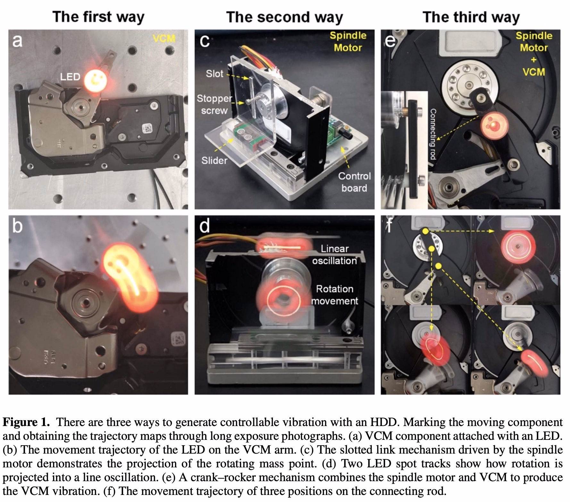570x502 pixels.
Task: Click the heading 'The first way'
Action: [x=98, y=17]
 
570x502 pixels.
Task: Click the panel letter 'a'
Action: [x=17, y=41]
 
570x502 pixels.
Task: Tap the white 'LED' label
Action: [x=70, y=77]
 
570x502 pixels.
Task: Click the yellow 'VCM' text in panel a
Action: [x=164, y=39]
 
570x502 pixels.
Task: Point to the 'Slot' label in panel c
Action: [x=214, y=74]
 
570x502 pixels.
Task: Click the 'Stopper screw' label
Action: [x=214, y=104]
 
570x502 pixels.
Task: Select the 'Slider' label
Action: [x=214, y=160]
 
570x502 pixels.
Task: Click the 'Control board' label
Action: [x=354, y=182]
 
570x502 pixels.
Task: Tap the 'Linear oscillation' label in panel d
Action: [x=334, y=255]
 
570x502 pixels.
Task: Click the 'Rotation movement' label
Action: [x=334, y=295]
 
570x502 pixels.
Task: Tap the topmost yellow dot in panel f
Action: [x=425, y=231]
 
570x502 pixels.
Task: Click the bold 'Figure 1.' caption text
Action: [x=26, y=422]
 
